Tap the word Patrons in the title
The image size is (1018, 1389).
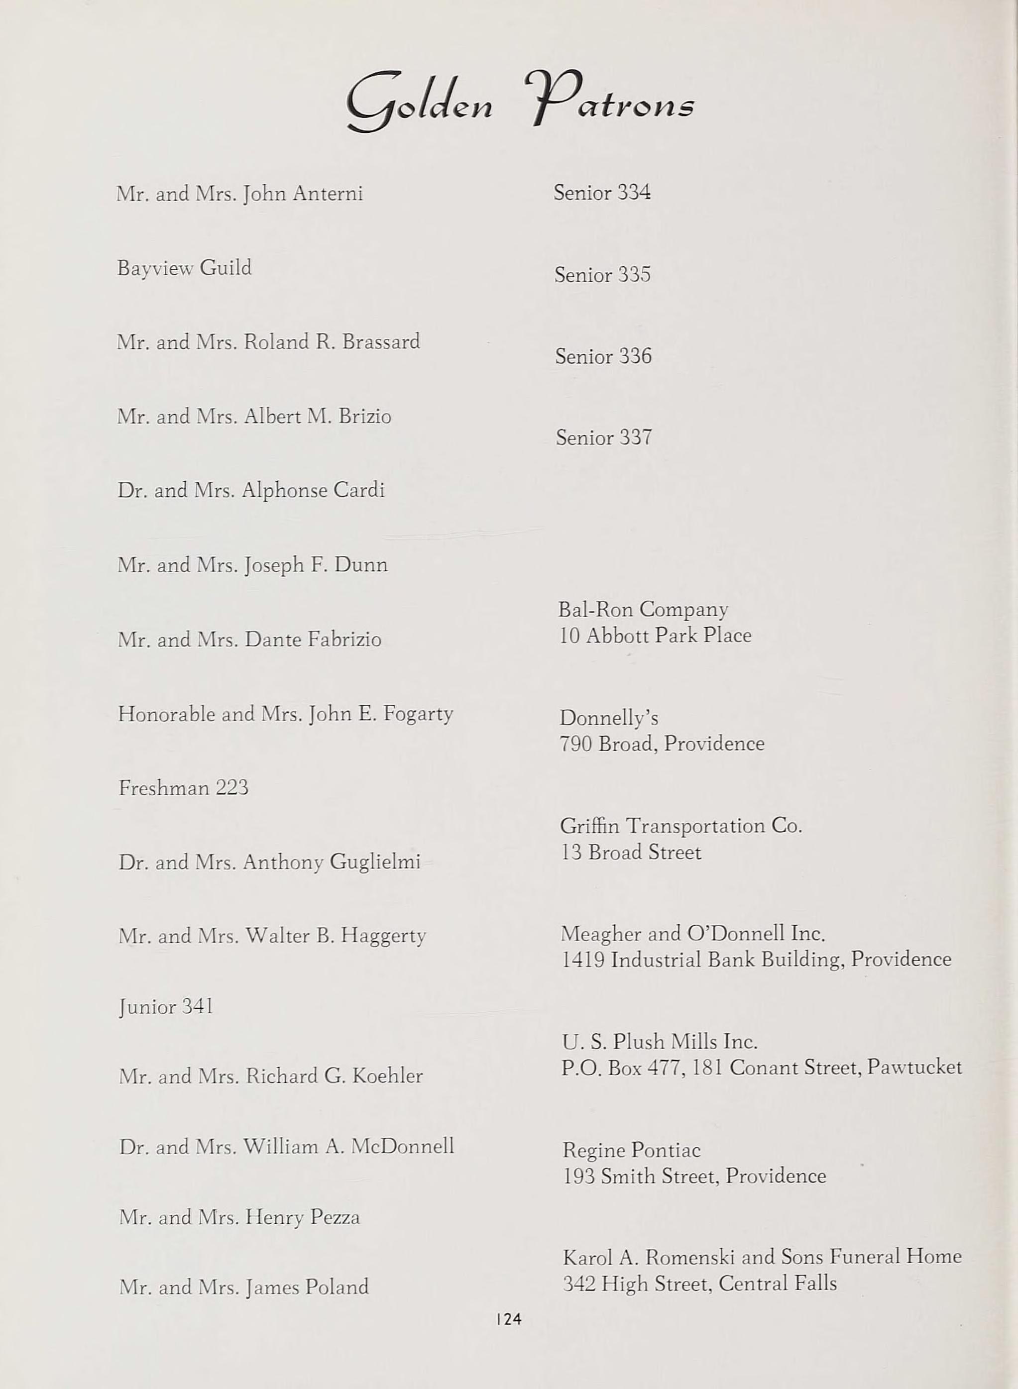point(610,102)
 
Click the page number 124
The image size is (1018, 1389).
point(508,1318)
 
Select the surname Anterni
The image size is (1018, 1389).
point(328,194)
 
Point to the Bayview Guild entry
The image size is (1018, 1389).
point(184,268)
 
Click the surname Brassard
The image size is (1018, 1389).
point(381,342)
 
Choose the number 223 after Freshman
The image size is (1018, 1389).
point(231,788)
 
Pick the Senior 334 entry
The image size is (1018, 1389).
point(601,193)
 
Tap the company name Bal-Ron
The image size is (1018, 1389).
point(596,609)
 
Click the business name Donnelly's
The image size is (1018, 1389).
point(609,718)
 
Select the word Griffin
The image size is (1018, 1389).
point(590,826)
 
